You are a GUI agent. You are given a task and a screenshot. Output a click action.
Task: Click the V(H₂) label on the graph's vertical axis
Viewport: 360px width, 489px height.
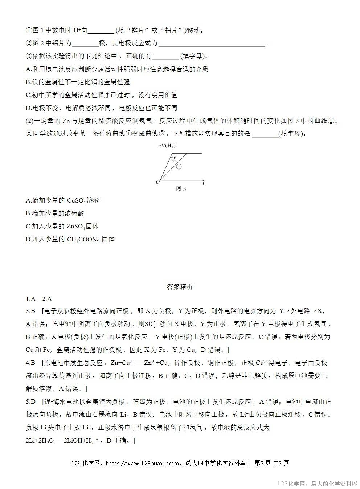[169, 146]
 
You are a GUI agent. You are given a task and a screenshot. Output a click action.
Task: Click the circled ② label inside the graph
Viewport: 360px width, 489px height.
[173, 158]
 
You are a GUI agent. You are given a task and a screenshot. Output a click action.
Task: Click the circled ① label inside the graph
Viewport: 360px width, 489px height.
[179, 166]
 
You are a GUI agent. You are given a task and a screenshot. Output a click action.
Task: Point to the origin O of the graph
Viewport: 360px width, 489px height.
[158, 182]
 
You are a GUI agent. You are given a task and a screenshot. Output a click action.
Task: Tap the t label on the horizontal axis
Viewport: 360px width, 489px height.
[204, 183]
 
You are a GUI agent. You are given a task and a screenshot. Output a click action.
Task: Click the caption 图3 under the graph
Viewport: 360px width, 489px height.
[181, 189]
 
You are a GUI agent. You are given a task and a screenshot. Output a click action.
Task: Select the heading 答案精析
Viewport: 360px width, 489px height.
[180, 287]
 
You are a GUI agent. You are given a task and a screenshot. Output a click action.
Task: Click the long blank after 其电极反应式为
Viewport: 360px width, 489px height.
[212, 44]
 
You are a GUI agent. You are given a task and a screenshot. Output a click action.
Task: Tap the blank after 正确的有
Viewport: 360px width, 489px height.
[165, 57]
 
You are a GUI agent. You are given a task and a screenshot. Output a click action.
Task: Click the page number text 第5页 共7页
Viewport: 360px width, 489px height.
[272, 463]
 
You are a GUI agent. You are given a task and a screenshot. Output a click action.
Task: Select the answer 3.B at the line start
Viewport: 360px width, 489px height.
[30, 311]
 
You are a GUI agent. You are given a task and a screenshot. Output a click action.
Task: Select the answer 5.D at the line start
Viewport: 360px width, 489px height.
[31, 402]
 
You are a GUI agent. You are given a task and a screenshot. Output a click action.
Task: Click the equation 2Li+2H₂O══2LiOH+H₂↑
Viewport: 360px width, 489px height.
[62, 441]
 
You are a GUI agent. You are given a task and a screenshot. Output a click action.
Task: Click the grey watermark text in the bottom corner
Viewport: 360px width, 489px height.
[317, 484]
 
